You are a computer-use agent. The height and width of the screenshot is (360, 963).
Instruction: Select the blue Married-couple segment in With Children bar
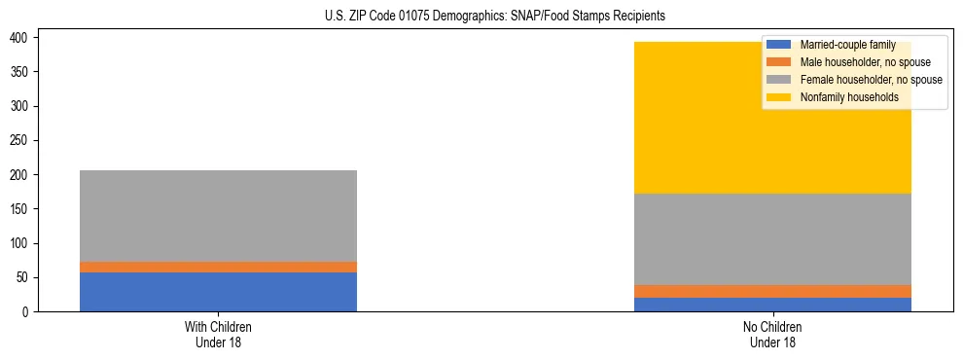click(x=218, y=292)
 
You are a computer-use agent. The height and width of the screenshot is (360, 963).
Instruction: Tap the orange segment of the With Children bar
click(x=218, y=267)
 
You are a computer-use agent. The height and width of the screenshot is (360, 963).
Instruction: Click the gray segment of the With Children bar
click(x=218, y=216)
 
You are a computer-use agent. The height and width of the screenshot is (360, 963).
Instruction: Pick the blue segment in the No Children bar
click(x=772, y=305)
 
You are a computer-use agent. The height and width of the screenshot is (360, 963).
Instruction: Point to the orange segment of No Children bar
click(x=772, y=291)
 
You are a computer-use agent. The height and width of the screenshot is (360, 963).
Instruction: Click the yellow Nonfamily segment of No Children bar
click(x=772, y=118)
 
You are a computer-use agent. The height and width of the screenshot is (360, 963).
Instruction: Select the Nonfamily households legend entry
click(x=849, y=97)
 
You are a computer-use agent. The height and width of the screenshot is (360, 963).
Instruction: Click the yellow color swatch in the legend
click(x=780, y=97)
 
